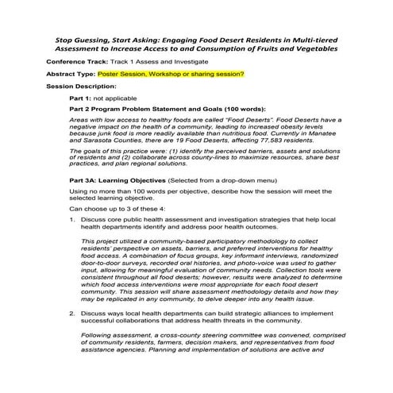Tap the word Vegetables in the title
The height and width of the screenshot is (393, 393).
(x=314, y=48)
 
